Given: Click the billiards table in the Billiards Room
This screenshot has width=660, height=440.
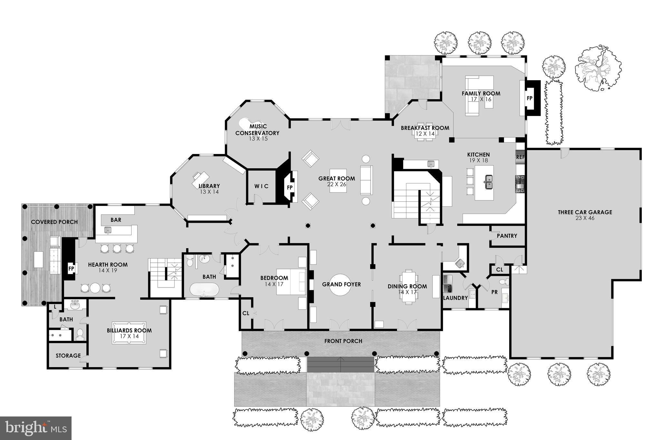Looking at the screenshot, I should click(x=129, y=333).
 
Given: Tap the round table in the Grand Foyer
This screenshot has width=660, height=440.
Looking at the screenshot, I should click(x=341, y=285).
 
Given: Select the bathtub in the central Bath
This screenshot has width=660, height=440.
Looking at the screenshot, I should click(x=204, y=289).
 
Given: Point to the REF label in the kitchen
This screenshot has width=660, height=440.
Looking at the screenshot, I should click(x=520, y=157).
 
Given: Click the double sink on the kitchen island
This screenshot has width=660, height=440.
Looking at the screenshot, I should click(x=489, y=182).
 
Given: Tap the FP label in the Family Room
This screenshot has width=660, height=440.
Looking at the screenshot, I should click(x=529, y=98).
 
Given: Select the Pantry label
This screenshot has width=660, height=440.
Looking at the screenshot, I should click(x=507, y=236).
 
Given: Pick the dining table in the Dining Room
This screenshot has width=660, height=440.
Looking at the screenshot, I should click(x=409, y=287).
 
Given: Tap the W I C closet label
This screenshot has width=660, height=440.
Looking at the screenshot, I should click(x=261, y=186).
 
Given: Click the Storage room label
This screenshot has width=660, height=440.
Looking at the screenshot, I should click(x=68, y=356).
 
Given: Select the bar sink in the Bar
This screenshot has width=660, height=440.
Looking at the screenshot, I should click(x=108, y=230).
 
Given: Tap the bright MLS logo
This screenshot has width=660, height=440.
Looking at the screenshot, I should click(x=36, y=428).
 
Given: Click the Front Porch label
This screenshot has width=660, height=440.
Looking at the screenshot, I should click(x=343, y=341).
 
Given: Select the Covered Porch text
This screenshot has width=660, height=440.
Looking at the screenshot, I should click(x=54, y=222).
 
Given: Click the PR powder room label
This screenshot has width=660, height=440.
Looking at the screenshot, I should click(x=494, y=292).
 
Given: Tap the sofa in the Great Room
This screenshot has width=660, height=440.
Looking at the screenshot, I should click(x=366, y=180).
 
